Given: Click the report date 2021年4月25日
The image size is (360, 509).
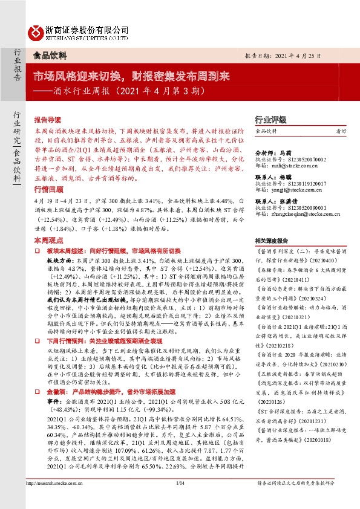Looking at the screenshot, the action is click(x=302, y=55).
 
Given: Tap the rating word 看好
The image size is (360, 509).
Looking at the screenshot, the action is click(x=341, y=131).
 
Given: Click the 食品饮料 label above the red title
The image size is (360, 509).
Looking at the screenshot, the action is click(x=49, y=55).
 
